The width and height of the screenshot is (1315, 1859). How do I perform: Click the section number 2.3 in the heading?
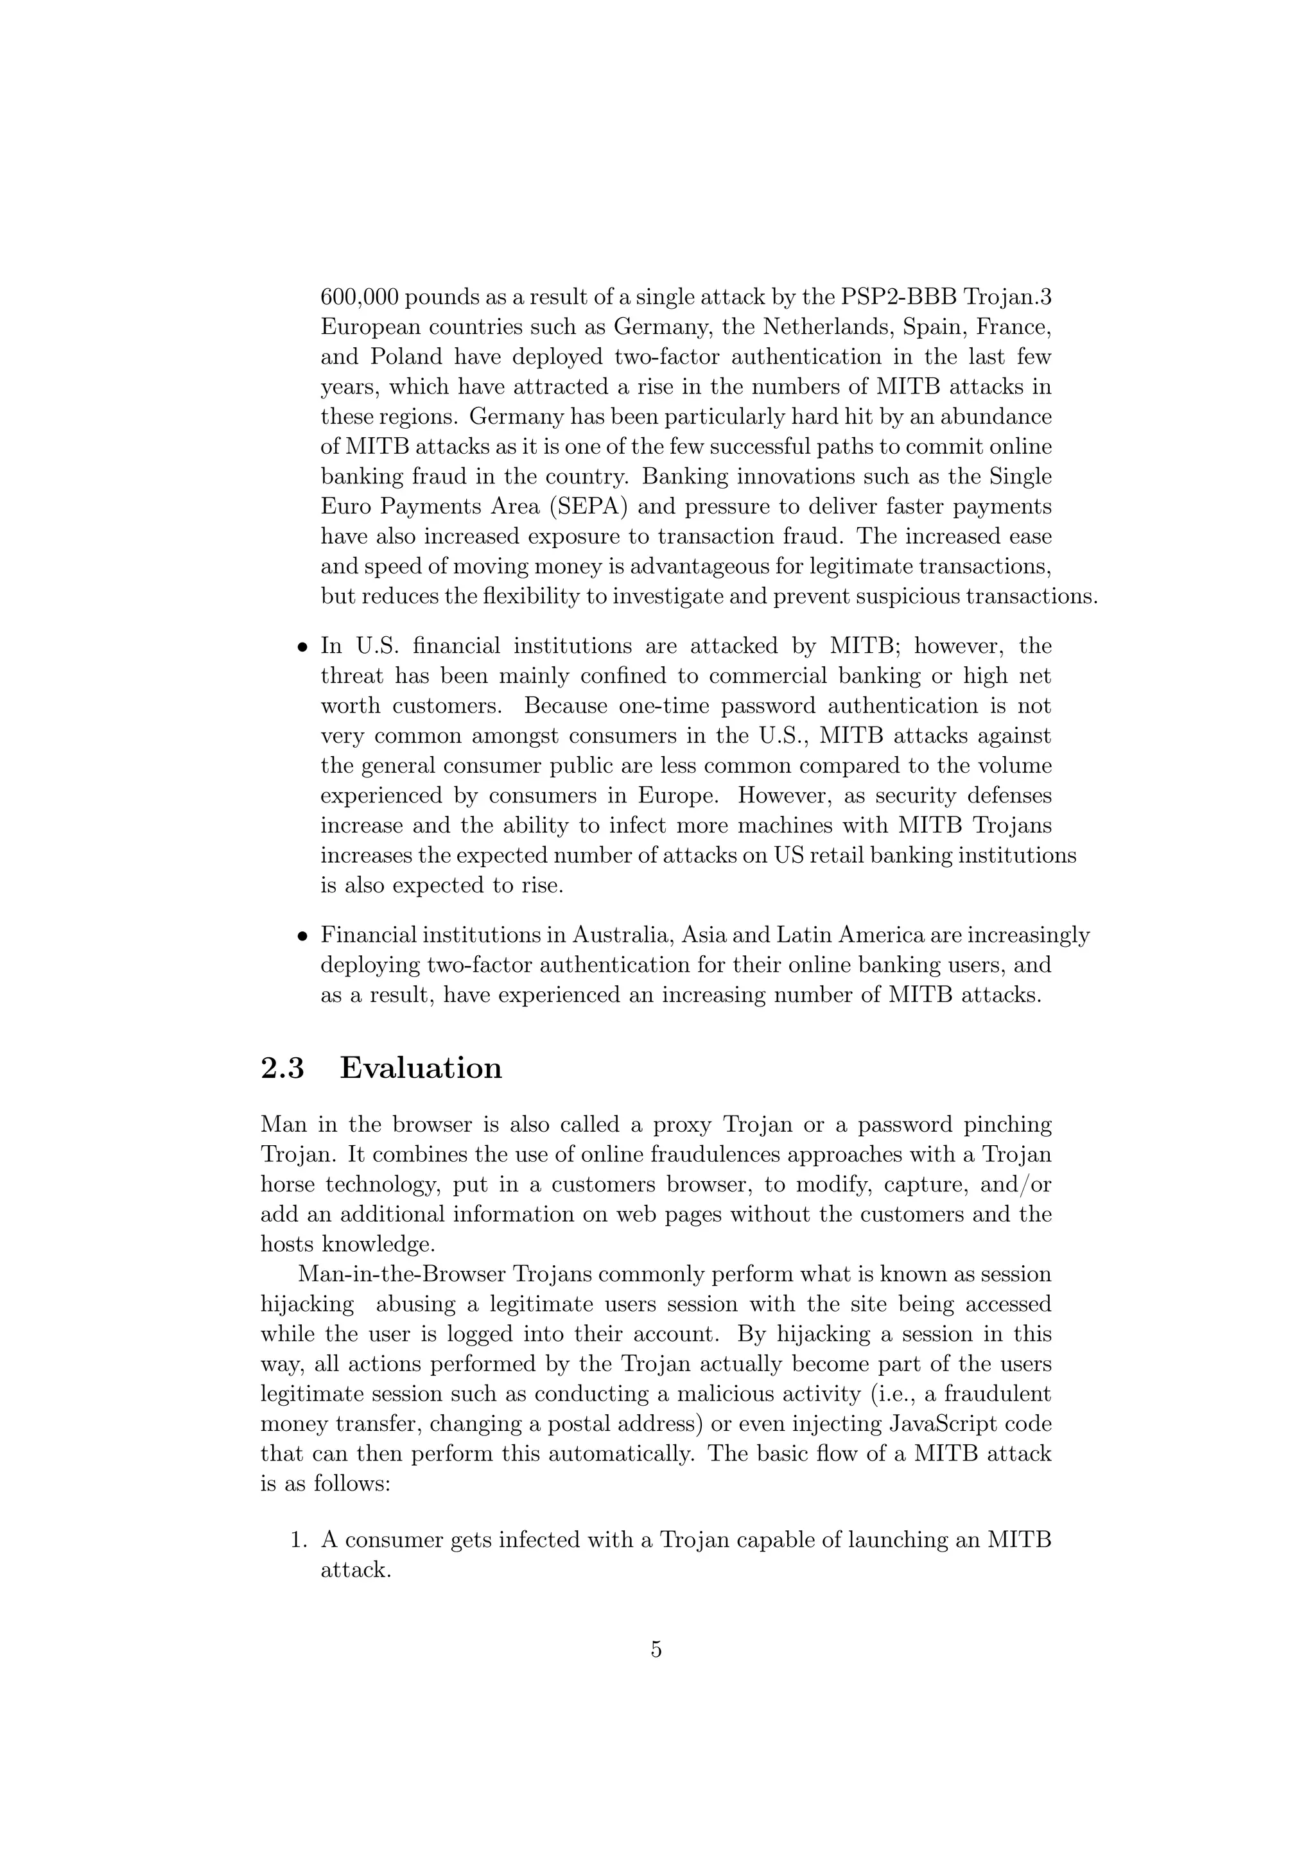coord(283,1068)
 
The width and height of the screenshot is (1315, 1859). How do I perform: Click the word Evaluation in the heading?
coord(421,1068)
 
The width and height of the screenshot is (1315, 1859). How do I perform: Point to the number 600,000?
coord(359,297)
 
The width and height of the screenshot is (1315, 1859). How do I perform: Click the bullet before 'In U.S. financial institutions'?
coord(301,648)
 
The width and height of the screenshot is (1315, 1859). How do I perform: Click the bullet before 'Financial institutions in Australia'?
coord(301,937)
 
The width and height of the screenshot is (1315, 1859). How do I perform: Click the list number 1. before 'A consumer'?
coord(298,1540)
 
